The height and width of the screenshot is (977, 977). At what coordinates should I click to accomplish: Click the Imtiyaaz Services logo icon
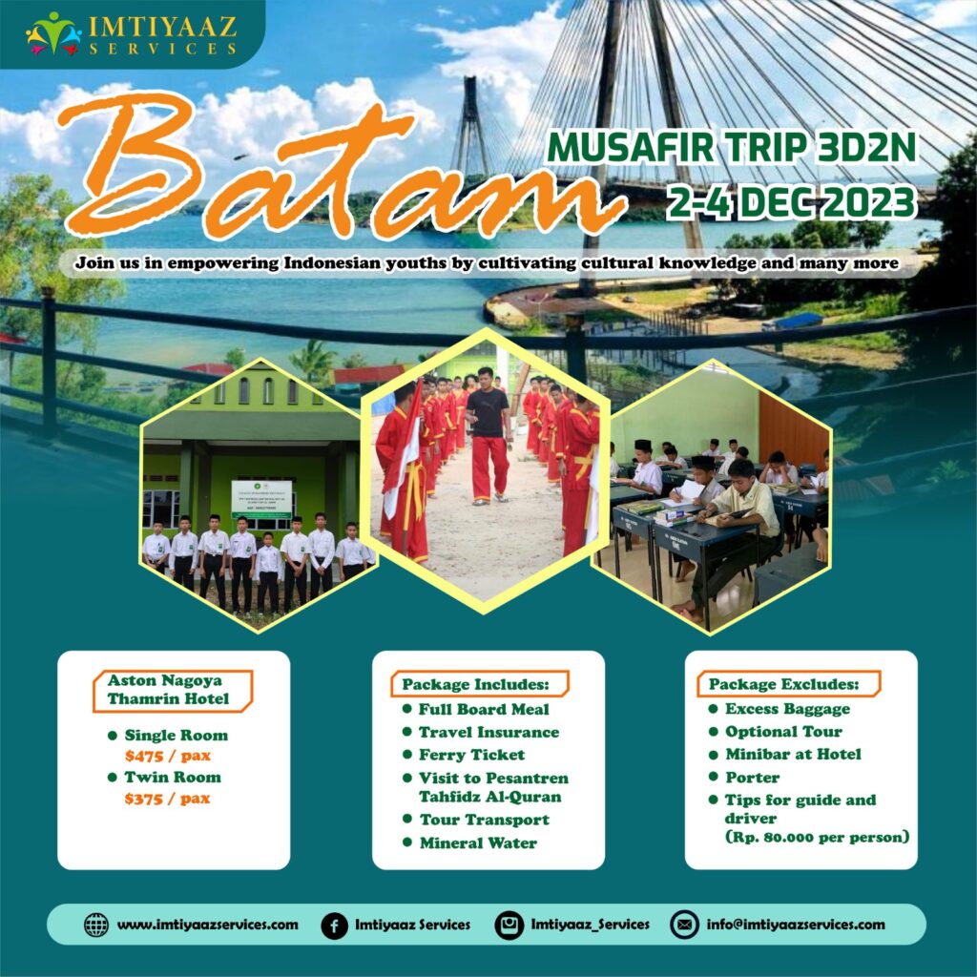pyautogui.click(x=53, y=33)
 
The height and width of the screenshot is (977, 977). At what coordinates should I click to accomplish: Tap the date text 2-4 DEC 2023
pyautogui.click(x=791, y=202)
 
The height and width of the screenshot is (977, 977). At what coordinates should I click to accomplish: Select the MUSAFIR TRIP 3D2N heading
pyautogui.click(x=731, y=148)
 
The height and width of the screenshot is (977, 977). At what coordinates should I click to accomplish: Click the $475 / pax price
pyautogui.click(x=168, y=756)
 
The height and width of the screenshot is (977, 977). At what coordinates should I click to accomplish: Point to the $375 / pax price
pyautogui.click(x=167, y=799)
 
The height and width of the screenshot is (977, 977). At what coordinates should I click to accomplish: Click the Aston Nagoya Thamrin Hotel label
pyautogui.click(x=168, y=689)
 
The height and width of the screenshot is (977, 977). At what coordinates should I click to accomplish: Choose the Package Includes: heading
pyautogui.click(x=475, y=684)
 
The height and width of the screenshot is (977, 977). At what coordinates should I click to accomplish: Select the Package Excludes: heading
pyautogui.click(x=783, y=684)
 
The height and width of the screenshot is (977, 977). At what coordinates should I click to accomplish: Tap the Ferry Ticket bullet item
pyautogui.click(x=471, y=755)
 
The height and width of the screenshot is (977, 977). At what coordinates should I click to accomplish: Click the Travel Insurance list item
pyautogui.click(x=488, y=732)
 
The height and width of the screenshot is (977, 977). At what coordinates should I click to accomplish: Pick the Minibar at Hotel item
pyautogui.click(x=793, y=754)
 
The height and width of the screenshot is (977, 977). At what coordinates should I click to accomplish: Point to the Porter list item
pyautogui.click(x=752, y=777)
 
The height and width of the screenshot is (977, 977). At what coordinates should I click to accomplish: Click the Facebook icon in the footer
pyautogui.click(x=335, y=925)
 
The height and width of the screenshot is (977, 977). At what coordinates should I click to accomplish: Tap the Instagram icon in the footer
pyautogui.click(x=509, y=925)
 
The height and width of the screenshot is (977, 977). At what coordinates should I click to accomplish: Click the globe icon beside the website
pyautogui.click(x=96, y=925)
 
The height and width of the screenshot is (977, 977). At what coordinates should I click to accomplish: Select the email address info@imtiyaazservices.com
pyautogui.click(x=795, y=924)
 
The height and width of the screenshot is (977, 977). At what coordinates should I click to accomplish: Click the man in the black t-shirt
pyautogui.click(x=488, y=435)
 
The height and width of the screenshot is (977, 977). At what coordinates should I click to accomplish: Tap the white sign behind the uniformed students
pyautogui.click(x=261, y=498)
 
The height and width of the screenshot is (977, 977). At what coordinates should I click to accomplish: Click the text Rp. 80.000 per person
pyautogui.click(x=818, y=837)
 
